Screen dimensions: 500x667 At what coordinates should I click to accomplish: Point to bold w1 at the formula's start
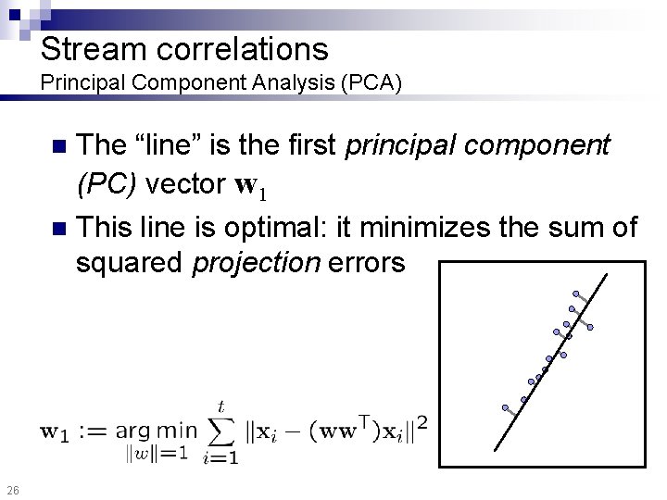(57, 431)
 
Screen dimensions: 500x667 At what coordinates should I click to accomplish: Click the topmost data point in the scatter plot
(575, 294)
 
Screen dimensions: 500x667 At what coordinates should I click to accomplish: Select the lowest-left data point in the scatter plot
(505, 407)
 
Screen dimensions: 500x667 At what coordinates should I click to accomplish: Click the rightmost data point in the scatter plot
(589, 327)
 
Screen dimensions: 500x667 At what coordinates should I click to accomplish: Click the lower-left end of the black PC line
(496, 449)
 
